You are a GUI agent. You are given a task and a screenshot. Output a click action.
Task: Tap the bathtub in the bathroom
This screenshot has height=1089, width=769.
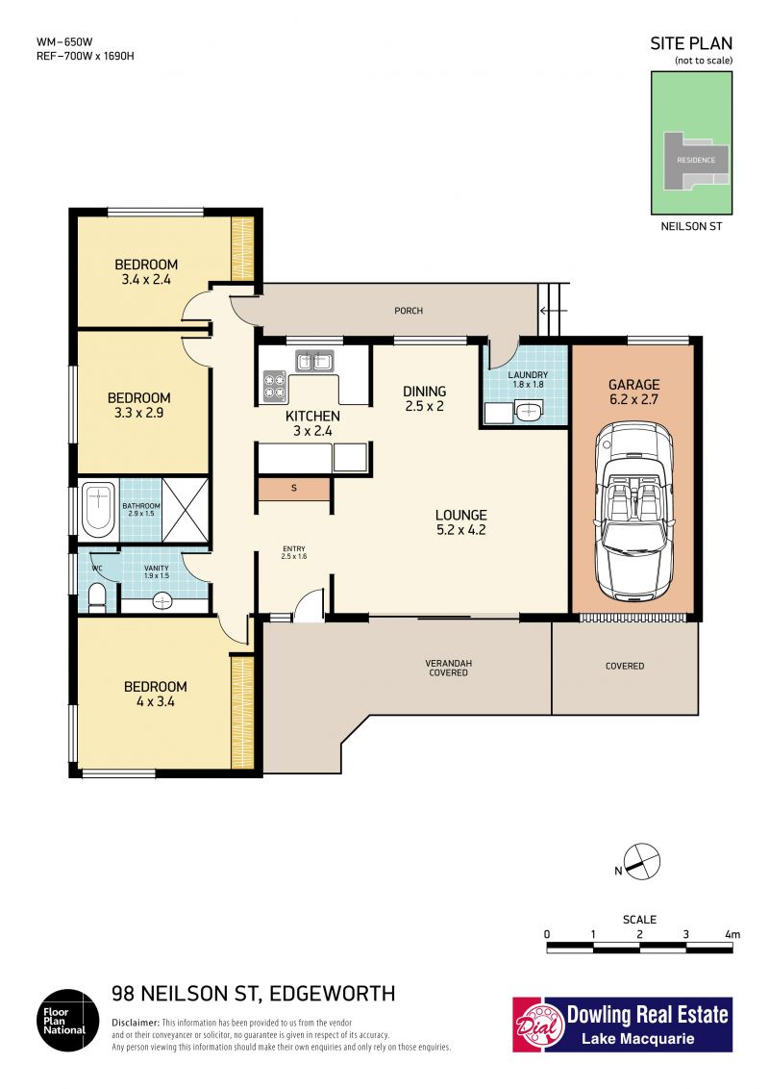(98, 511)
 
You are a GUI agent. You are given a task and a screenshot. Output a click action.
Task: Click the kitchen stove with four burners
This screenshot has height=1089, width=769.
(275, 387)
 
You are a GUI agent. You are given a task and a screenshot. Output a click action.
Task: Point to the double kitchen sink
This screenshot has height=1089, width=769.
(314, 361)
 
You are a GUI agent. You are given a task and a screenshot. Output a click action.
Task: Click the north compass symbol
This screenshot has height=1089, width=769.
(642, 862)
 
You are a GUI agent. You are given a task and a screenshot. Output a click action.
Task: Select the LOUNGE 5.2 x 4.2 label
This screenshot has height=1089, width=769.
(460, 522)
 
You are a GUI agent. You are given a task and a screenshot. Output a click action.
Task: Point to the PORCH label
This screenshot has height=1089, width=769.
(409, 311)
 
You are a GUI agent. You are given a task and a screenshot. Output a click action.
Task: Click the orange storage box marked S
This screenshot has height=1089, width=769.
(293, 489)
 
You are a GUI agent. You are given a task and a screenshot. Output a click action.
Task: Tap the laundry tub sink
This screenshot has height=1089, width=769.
(529, 411)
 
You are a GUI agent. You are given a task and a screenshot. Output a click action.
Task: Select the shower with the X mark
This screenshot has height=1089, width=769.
(186, 510)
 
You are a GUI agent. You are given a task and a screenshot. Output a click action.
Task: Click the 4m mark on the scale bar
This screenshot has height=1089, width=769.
(732, 934)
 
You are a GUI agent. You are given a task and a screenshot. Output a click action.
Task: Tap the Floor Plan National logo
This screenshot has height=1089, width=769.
(68, 1020)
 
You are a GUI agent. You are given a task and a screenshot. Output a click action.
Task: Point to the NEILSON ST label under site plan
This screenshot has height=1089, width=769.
(691, 226)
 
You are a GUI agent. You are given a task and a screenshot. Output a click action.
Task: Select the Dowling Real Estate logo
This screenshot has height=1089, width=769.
(623, 1025)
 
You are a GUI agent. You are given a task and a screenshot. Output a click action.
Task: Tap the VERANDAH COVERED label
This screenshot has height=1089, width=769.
(448, 669)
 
